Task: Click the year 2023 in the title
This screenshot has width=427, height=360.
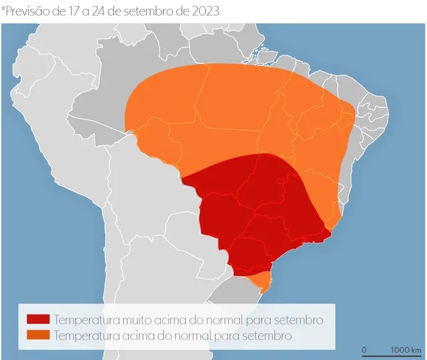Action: [x=201, y=11]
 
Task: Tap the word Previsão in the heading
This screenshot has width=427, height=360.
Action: [x=29, y=11]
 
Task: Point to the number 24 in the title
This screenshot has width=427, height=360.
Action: [x=104, y=11]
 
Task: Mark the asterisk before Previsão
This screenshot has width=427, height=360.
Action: [x=4, y=9]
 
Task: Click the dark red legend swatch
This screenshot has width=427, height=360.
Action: [x=37, y=320]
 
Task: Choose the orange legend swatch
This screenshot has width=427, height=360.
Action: [x=37, y=335]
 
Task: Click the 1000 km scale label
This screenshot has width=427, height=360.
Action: [x=406, y=349]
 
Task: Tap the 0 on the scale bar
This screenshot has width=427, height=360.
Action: [x=364, y=349]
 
